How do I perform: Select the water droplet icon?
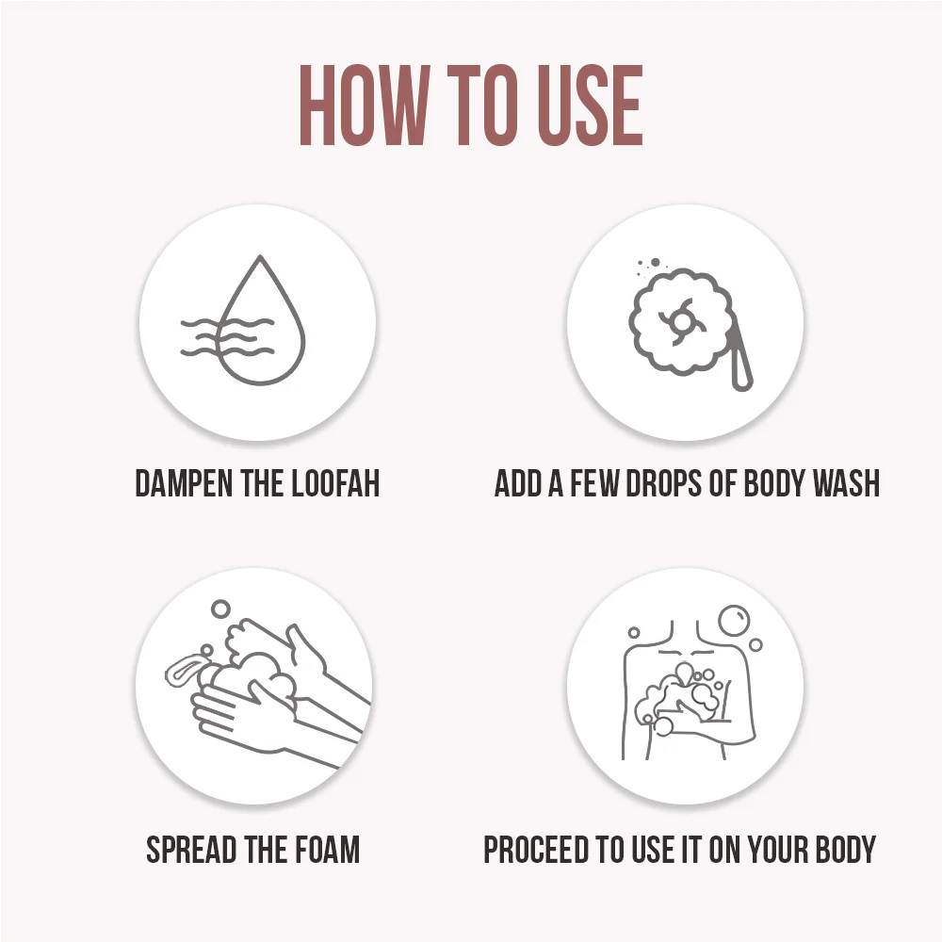pos(260,320)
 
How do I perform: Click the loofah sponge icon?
pos(682,322)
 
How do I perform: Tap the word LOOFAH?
pos(335,483)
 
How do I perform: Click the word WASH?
pos(846,483)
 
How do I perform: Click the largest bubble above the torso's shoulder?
pos(734,620)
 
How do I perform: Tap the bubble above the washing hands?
pos(220,609)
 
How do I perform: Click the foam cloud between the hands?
pos(252,679)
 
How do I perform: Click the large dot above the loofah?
pos(656,263)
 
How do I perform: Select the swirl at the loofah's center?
pos(682,321)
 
